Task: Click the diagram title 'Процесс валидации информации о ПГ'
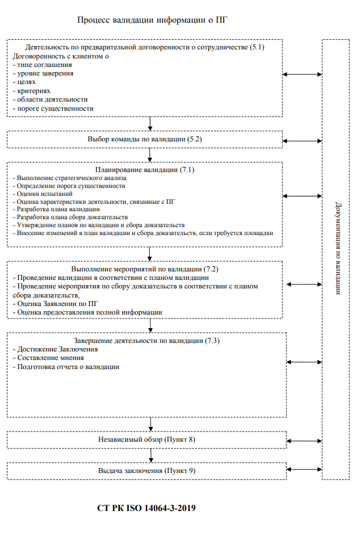tap(152, 20)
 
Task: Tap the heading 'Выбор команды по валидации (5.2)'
tap(145, 139)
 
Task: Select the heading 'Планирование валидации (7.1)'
tap(145, 169)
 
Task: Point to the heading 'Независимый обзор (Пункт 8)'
tap(146, 439)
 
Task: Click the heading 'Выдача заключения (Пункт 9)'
tap(146, 471)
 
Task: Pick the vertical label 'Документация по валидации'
tap(338, 248)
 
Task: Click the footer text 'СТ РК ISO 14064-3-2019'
tap(146, 508)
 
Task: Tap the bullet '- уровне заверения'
tap(43, 73)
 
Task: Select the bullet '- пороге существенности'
tap(53, 108)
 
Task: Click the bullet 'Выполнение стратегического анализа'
tap(72, 178)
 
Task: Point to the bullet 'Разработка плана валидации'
tap(58, 209)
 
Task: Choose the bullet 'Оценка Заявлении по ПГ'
tap(58, 304)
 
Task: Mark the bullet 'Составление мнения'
tap(51, 358)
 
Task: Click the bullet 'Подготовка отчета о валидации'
tap(68, 367)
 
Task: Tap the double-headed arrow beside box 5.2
tap(303, 141)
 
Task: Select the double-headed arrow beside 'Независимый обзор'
tap(304, 441)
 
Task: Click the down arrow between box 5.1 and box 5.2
tap(150, 124)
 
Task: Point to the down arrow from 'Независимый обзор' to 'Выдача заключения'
tap(151, 455)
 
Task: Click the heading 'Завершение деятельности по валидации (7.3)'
tap(146, 341)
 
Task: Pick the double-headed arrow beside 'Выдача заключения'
tap(304, 470)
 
